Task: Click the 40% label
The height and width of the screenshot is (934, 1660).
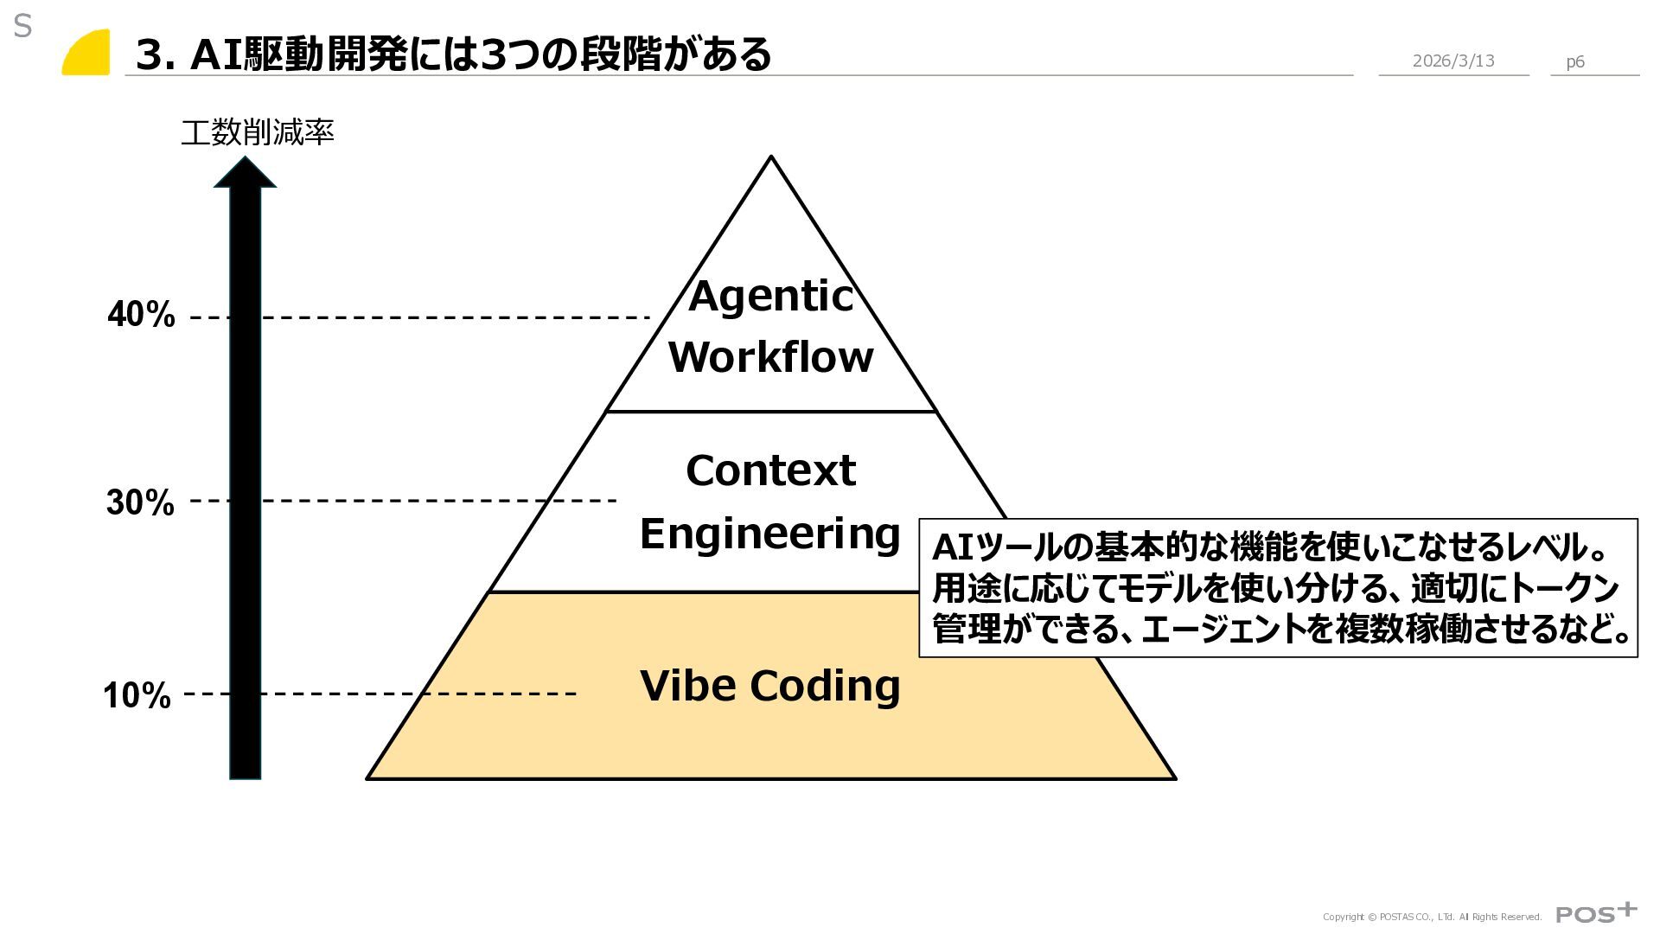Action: tap(141, 315)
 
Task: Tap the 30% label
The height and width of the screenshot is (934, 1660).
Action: tap(140, 502)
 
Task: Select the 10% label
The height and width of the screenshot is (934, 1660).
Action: tap(137, 695)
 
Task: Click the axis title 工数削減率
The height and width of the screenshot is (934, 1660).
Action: tap(257, 132)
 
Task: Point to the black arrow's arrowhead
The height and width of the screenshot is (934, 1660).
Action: tap(245, 173)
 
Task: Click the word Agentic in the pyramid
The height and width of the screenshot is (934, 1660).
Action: tap(770, 297)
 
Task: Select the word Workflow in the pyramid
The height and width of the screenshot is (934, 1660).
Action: tap(770, 357)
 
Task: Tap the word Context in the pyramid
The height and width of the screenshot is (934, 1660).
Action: tap(770, 471)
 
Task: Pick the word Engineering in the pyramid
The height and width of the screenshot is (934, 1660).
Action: tap(769, 534)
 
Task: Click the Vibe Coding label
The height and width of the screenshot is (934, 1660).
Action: tap(769, 686)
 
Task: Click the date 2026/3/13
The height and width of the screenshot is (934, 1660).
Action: tap(1453, 61)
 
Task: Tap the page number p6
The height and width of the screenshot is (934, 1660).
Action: tap(1575, 61)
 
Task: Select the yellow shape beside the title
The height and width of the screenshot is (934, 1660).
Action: tap(87, 54)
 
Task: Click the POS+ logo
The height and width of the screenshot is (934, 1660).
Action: tap(1596, 912)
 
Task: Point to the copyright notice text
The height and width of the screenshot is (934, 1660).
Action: tap(1432, 917)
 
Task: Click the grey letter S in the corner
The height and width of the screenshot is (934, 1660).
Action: tap(22, 27)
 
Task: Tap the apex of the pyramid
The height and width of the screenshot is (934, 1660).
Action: tap(771, 159)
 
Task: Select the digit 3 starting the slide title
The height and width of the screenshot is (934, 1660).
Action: tap(150, 54)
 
